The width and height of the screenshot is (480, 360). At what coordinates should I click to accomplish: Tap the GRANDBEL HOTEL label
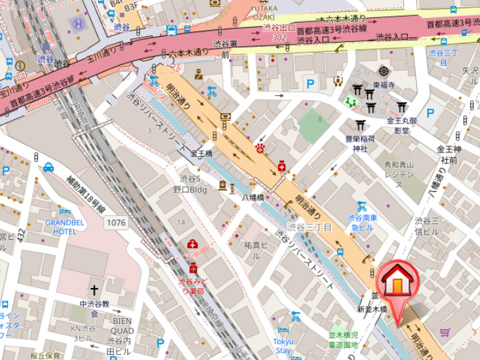tap(65, 227)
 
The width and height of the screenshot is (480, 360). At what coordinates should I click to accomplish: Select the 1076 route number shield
tap(115, 222)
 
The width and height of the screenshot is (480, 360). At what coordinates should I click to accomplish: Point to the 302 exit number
tap(279, 38)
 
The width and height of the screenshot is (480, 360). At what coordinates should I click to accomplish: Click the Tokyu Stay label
tap(283, 346)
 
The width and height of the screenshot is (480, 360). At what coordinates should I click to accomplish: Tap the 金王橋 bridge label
tap(201, 153)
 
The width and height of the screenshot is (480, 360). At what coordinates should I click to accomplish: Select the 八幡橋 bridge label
tap(253, 197)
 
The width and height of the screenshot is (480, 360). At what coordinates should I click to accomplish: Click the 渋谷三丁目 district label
tap(309, 227)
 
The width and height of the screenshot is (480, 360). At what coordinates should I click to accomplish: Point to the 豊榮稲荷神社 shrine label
tap(361, 143)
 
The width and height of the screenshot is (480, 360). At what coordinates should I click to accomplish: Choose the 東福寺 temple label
tap(384, 85)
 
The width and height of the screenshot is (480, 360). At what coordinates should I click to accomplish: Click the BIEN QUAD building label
tap(122, 325)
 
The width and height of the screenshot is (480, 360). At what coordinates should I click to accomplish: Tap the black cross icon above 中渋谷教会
tap(94, 291)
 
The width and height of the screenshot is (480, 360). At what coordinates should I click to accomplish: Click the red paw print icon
tap(259, 147)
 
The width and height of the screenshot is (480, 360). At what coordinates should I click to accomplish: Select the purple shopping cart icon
tap(444, 331)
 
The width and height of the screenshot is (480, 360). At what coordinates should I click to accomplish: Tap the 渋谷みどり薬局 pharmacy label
tap(193, 287)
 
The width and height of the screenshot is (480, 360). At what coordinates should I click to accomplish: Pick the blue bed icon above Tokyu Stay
tap(283, 331)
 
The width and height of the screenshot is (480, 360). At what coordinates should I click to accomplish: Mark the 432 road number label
tap(21, 235)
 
